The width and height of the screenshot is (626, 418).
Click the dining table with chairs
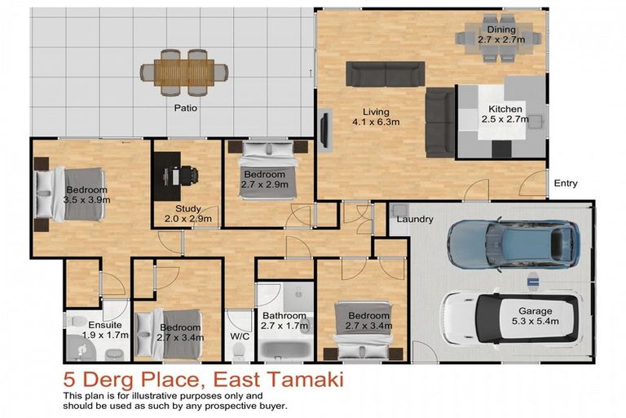pyautogui.click(x=499, y=42)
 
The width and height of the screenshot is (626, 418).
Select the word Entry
pyautogui.click(x=565, y=184)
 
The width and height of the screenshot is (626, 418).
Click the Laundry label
pyautogui.click(x=414, y=220)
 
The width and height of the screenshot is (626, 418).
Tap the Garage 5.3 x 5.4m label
pyautogui.click(x=536, y=317)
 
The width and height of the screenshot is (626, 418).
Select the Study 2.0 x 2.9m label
pyautogui.click(x=187, y=214)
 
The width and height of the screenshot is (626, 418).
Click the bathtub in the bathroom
pyautogui.click(x=284, y=347)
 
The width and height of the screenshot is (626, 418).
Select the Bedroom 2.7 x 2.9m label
pyautogui.click(x=262, y=180)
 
